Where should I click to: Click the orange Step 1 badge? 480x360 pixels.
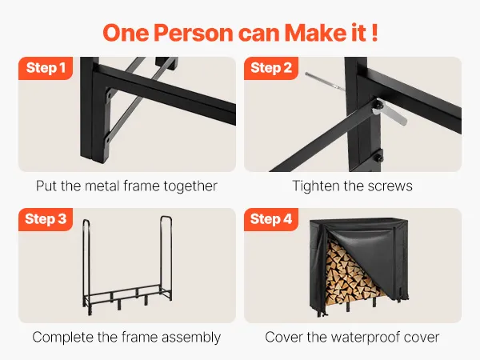click(46, 68)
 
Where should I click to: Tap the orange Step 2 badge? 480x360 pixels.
click(271, 68)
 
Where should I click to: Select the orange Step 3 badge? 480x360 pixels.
click(46, 219)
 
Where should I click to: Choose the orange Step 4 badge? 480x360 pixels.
click(271, 219)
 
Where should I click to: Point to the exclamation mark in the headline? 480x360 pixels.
click(375, 32)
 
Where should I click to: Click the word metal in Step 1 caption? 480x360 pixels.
click(102, 186)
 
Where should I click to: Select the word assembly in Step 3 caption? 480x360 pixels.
click(191, 338)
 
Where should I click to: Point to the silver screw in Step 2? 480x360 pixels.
click(325, 81)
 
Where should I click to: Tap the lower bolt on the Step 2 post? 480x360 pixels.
click(378, 158)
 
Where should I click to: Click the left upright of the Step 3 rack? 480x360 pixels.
click(86, 263)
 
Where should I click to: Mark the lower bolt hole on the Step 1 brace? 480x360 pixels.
click(108, 141)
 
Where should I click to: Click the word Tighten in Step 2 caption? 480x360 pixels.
click(316, 186)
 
